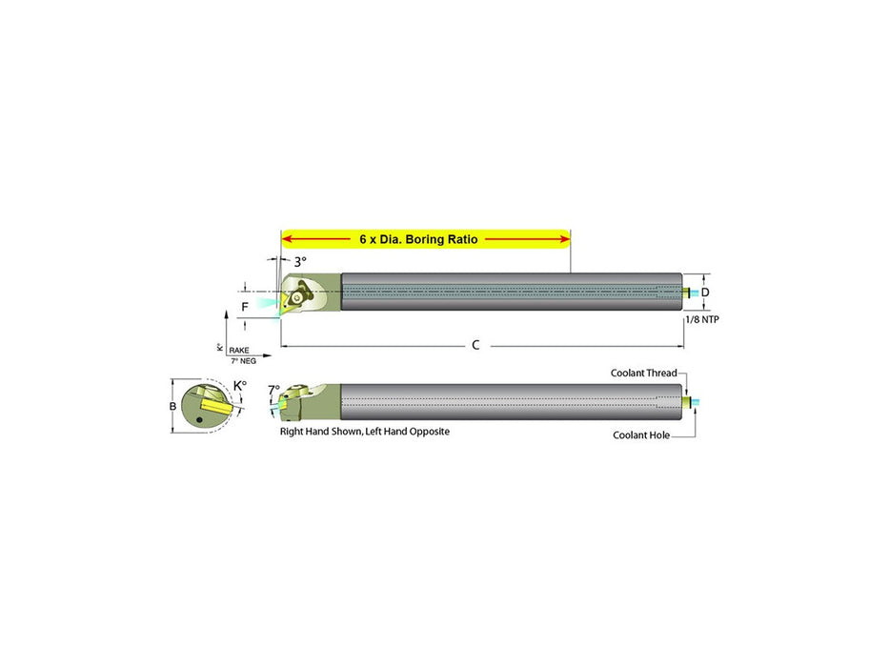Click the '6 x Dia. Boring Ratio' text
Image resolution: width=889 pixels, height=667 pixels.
(418, 239)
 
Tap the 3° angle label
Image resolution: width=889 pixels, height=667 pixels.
(300, 262)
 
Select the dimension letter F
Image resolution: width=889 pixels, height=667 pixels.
(245, 307)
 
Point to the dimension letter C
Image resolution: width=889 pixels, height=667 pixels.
(475, 345)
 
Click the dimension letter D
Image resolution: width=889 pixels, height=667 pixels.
(705, 293)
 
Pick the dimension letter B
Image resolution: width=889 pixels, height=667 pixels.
(172, 406)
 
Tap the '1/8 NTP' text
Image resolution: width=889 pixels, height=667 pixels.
(702, 319)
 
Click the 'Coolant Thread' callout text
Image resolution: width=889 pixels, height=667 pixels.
(643, 373)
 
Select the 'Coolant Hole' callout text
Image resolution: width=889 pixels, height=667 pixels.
(641, 435)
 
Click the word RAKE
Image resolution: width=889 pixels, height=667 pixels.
(239, 350)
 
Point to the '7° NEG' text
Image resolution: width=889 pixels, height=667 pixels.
(243, 361)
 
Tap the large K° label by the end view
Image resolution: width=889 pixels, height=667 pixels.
(240, 386)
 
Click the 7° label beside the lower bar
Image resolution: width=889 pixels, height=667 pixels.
(273, 390)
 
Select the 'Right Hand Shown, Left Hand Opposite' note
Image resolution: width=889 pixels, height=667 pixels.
(365, 431)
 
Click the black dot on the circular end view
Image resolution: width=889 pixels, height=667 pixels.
(199, 419)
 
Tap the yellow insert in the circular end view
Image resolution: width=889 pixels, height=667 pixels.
(216, 407)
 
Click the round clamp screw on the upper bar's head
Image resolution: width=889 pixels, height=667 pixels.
(296, 297)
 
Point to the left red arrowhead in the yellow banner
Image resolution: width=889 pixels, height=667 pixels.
(287, 239)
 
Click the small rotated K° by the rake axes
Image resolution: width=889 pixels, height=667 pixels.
(220, 347)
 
